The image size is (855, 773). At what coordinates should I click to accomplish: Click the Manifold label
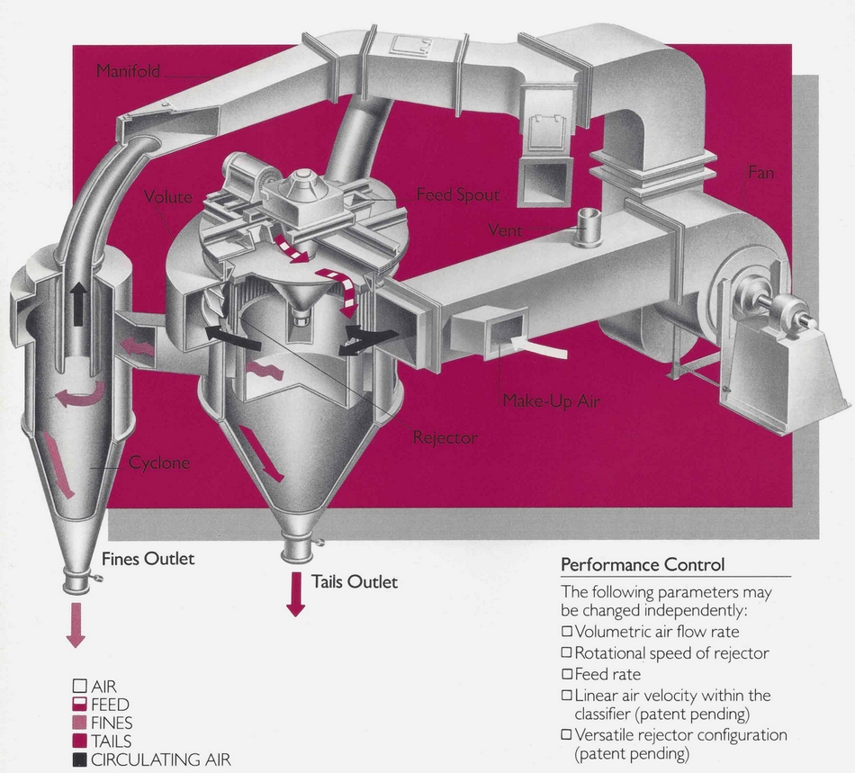[x=128, y=71]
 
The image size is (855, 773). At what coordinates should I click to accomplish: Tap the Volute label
[x=168, y=196]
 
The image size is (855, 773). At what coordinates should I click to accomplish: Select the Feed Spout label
[x=457, y=194]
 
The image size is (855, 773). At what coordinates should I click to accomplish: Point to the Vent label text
[x=505, y=230]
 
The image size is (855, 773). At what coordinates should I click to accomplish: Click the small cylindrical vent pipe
[x=589, y=226]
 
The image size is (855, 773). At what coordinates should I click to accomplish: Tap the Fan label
[x=760, y=171]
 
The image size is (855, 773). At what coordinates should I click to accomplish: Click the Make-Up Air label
[x=551, y=401]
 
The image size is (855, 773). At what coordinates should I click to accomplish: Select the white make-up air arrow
[x=538, y=346]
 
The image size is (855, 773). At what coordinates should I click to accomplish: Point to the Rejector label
[x=445, y=438]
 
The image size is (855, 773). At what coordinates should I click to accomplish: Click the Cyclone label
[x=159, y=463]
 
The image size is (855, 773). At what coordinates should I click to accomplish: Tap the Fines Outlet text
[x=148, y=559]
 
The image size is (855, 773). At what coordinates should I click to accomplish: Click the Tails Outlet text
[x=354, y=582]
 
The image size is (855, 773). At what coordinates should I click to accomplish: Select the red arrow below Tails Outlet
[x=295, y=597]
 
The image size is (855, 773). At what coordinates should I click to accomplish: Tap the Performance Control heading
[x=642, y=565]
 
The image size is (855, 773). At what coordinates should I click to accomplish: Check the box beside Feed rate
[x=567, y=673]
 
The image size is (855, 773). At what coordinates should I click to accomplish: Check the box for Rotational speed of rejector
[x=567, y=652]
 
